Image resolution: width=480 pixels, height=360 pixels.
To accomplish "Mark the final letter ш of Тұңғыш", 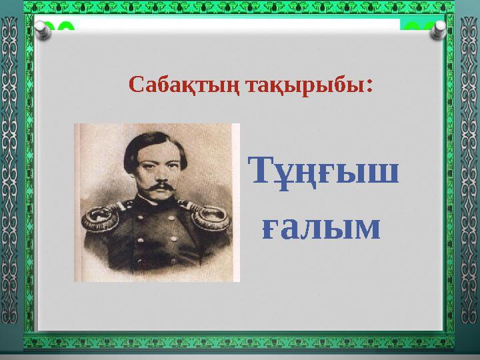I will click(x=386, y=175).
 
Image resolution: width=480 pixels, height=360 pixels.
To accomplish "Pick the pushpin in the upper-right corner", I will click(x=440, y=29).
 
